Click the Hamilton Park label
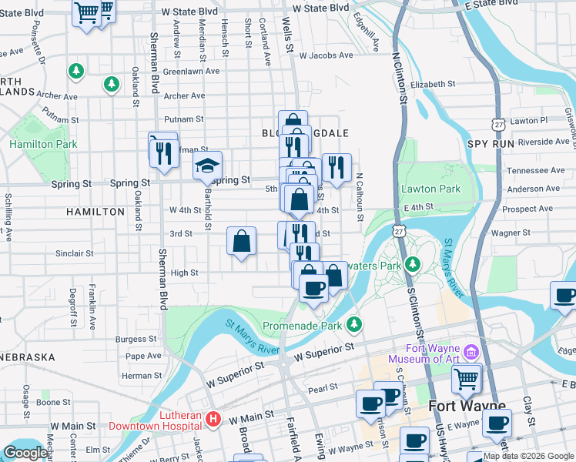43,144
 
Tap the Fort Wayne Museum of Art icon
471,352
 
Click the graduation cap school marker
207,166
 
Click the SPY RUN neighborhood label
490,144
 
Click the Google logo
25,453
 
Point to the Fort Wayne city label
467,406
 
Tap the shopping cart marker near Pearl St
466,378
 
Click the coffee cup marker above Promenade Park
313,288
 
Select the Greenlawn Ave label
192,71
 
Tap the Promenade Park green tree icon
354,324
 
